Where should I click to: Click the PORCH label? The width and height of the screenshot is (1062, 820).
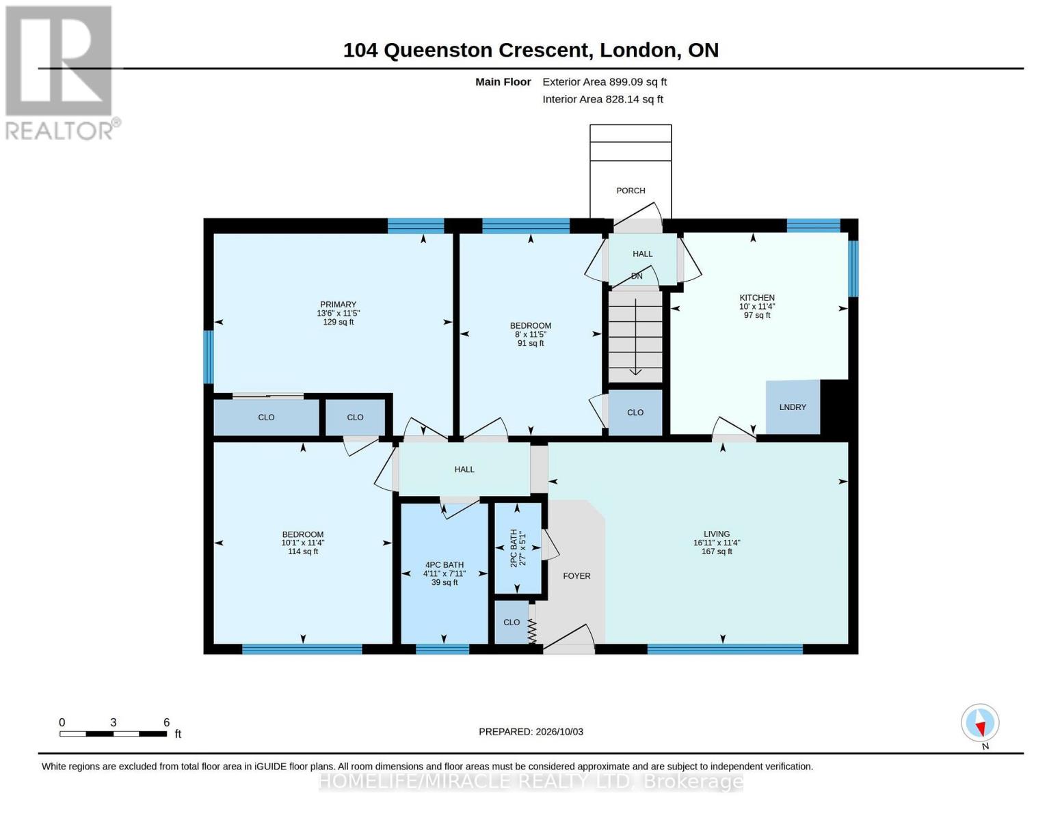tap(630, 191)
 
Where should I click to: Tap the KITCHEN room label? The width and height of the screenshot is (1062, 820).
tap(756, 297)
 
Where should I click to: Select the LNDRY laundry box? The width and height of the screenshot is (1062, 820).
tap(792, 407)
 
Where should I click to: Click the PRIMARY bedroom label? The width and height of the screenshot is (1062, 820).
tap(338, 304)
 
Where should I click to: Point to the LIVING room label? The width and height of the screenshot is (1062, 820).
tap(717, 534)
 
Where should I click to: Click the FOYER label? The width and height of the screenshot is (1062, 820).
tap(576, 576)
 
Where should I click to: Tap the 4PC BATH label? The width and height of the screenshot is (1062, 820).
tap(444, 564)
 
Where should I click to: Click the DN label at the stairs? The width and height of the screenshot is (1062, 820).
tap(637, 276)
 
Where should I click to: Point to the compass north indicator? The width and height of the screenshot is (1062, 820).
tap(980, 723)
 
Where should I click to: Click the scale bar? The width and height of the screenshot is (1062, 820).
tap(114, 734)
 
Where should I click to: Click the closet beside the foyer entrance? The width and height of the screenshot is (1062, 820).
tap(512, 623)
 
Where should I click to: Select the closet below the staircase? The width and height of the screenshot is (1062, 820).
tap(635, 412)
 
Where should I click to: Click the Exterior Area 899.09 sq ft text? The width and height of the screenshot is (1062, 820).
tap(605, 82)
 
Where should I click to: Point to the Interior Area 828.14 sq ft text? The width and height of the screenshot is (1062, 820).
tap(602, 99)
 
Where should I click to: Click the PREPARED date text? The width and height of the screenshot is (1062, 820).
tap(531, 732)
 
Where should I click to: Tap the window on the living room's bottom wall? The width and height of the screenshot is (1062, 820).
tap(725, 649)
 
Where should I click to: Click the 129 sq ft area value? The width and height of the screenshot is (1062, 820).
tap(338, 322)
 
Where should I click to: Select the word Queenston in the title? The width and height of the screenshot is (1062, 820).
tap(438, 51)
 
